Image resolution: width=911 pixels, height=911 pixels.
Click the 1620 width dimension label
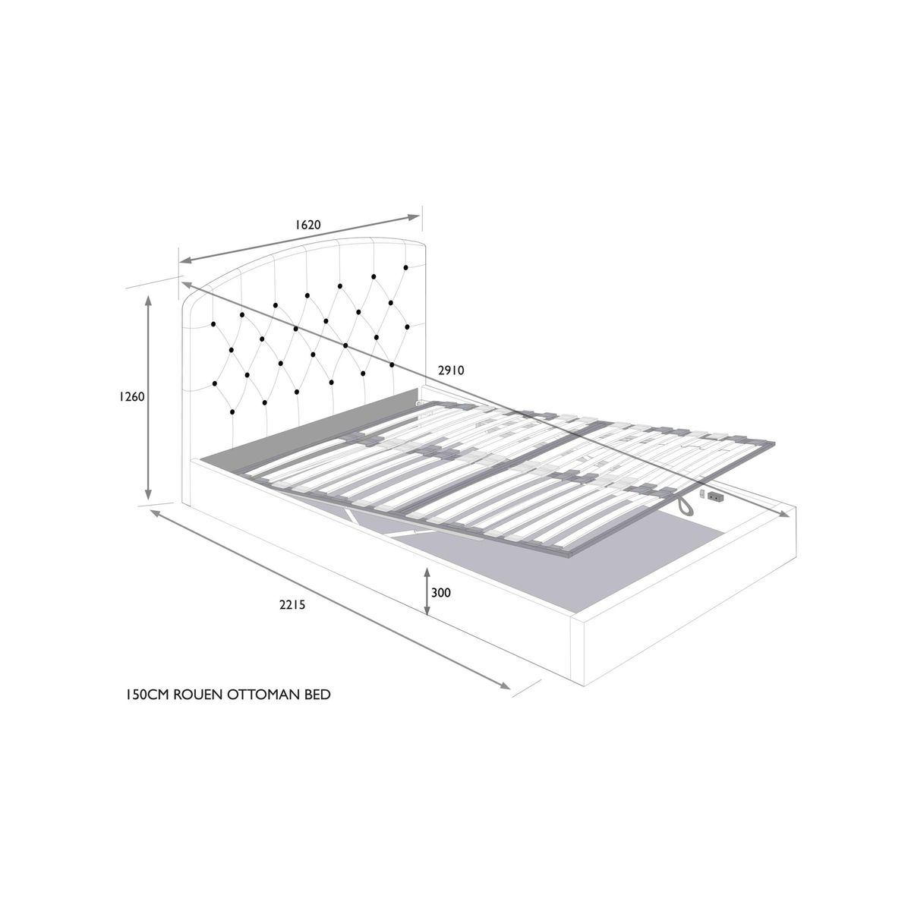307,224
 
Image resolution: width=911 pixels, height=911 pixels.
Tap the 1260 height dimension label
131,396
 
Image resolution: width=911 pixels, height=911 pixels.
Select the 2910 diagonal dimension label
452,370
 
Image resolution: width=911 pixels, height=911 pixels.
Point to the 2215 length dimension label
292,604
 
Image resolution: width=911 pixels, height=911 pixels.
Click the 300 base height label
441,592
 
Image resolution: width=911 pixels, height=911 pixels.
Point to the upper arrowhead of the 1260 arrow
149,301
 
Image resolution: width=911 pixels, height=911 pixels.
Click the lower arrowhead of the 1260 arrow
149,494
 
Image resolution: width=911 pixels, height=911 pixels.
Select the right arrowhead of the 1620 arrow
415,217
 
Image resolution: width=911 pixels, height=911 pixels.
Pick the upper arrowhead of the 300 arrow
427,572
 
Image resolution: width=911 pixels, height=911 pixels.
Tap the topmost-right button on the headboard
405,267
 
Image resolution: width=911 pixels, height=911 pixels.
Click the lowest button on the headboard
232,412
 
